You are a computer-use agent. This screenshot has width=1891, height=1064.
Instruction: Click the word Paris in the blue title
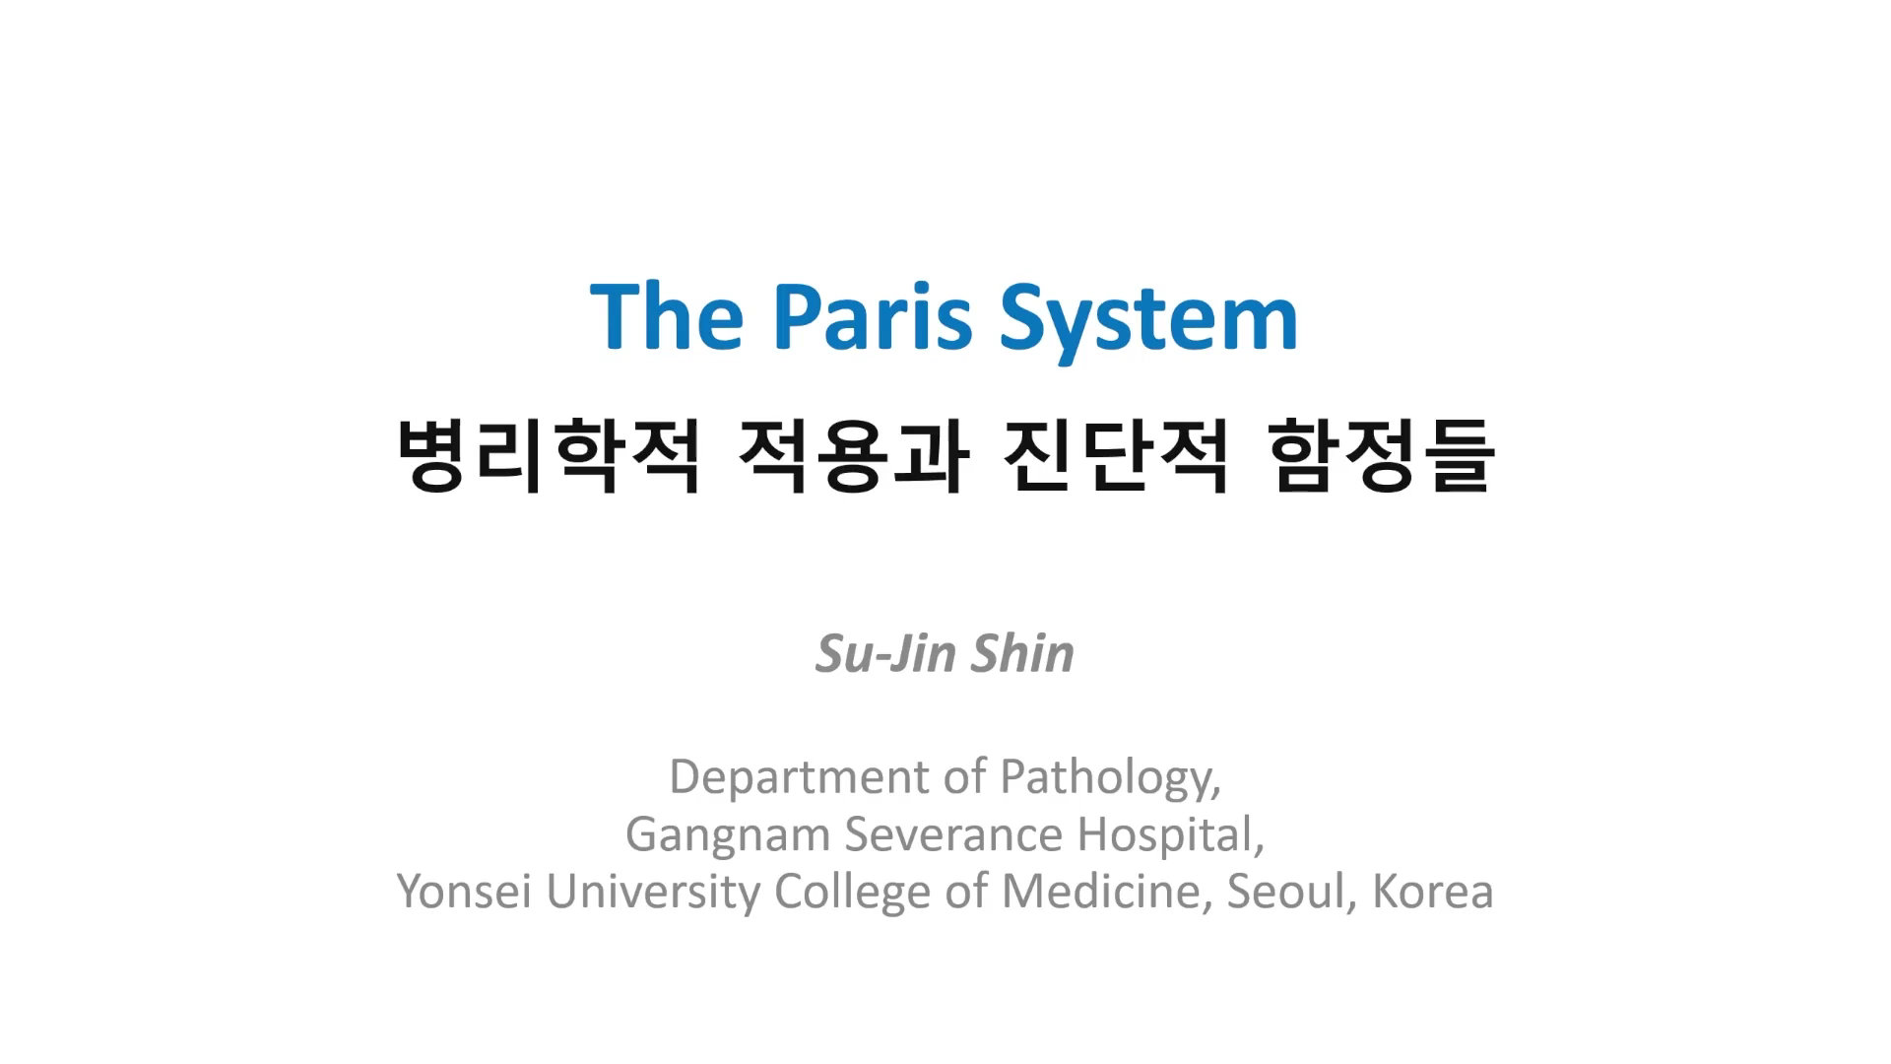(873, 317)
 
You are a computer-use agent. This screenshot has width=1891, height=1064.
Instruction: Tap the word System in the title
(1149, 321)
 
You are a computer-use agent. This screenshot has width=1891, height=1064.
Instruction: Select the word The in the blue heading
(667, 316)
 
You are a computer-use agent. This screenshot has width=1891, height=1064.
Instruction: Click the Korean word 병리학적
(549, 455)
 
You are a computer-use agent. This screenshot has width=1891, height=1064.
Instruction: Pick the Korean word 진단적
(1116, 455)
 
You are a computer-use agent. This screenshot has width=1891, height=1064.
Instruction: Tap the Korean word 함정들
(1382, 455)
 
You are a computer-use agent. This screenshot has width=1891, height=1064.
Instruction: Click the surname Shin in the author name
(1023, 653)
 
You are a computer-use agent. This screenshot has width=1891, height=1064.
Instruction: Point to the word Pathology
(1110, 778)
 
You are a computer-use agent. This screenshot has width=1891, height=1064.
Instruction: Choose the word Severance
(953, 834)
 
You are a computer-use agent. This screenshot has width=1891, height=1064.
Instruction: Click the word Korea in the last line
(1432, 892)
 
